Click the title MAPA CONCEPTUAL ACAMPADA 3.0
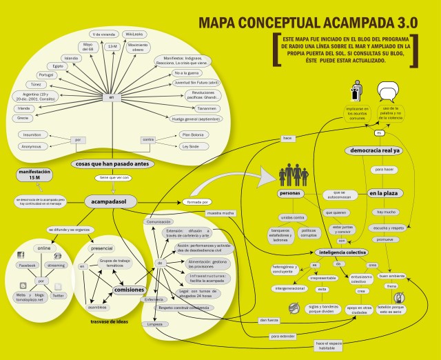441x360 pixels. (x=307, y=22)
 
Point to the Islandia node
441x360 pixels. (x=71, y=58)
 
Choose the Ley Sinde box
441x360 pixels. (x=194, y=146)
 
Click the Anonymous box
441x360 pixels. (x=30, y=146)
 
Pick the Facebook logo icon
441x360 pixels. (x=21, y=256)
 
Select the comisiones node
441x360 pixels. (x=129, y=290)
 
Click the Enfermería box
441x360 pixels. (x=153, y=299)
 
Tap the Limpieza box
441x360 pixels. (x=154, y=323)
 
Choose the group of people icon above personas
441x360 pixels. (x=293, y=174)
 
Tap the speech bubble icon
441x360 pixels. (x=389, y=90)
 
